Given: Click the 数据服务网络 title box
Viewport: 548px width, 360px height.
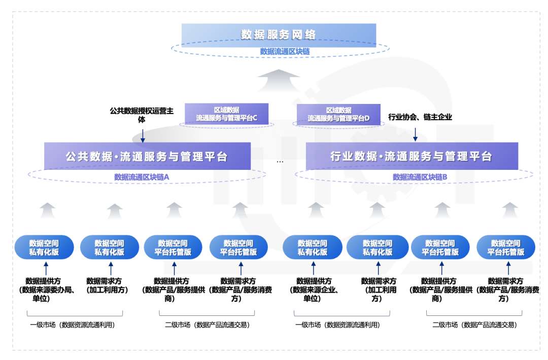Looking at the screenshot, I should [279, 34].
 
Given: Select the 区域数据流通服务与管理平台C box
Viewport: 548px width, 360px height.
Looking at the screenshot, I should [226, 114].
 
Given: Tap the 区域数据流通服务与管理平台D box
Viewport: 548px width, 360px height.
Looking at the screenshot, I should [338, 114].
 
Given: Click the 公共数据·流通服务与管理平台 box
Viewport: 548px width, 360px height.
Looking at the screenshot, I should [147, 156].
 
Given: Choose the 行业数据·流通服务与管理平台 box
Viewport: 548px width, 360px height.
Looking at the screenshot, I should [412, 156].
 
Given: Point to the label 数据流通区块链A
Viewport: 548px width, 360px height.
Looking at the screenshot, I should [142, 177].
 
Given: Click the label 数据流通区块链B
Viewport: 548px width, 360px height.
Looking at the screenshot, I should [420, 177].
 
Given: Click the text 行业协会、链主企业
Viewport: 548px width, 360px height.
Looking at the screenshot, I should [420, 117].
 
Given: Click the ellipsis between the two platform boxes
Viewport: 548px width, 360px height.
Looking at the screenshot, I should [280, 161].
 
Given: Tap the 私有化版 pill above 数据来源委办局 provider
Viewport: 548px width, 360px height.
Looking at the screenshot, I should [44, 247].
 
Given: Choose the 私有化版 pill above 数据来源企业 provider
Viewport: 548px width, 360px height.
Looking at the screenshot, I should [313, 247].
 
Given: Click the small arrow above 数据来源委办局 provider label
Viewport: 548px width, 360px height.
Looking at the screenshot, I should [46, 268].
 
